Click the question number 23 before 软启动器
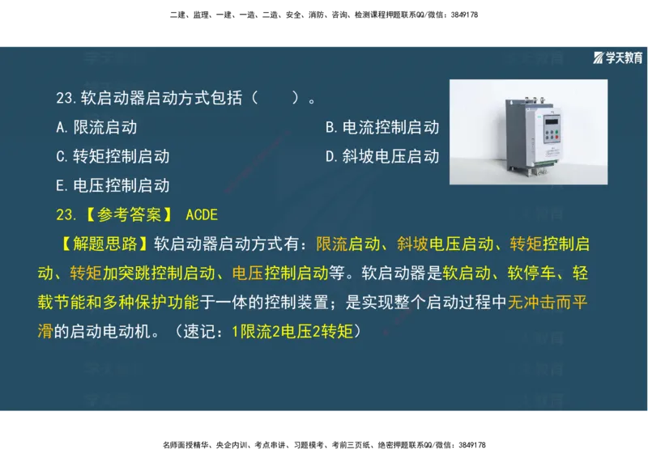(x=66, y=99)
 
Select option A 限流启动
(x=96, y=127)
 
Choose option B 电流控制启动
(x=382, y=127)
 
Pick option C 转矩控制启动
(x=113, y=156)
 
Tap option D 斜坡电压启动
(x=382, y=156)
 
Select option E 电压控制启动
(x=113, y=185)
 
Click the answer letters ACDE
(x=202, y=214)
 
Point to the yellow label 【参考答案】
(x=122, y=214)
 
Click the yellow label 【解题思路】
(x=103, y=244)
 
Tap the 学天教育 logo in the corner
(x=618, y=57)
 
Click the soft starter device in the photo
(x=531, y=133)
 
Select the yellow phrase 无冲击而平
(x=548, y=302)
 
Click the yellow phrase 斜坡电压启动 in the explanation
(x=446, y=244)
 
